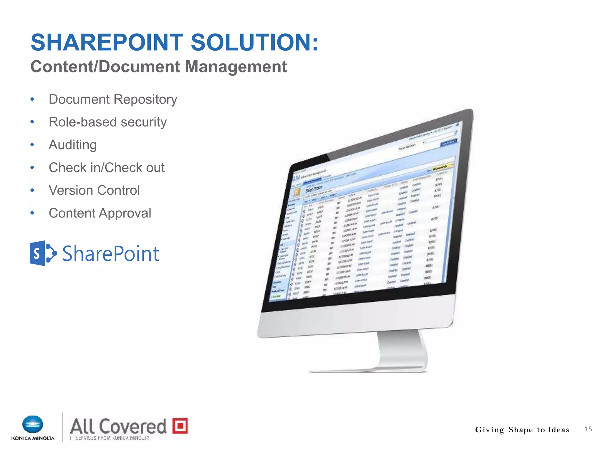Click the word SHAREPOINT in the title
[107, 42]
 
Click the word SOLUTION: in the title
[254, 42]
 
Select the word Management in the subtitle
[236, 67]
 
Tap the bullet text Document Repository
[113, 99]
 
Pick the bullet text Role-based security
[107, 122]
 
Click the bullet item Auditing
[73, 145]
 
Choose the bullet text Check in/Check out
[107, 168]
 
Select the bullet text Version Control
[94, 190]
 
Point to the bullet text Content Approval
[100, 213]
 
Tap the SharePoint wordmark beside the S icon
[111, 254]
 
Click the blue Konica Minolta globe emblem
[33, 425]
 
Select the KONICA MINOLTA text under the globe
[33, 438]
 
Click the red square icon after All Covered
[180, 426]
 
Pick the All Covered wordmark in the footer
[118, 426]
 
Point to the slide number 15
[588, 429]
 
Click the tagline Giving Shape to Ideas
[522, 430]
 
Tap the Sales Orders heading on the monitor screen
[314, 189]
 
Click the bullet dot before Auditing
[32, 145]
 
